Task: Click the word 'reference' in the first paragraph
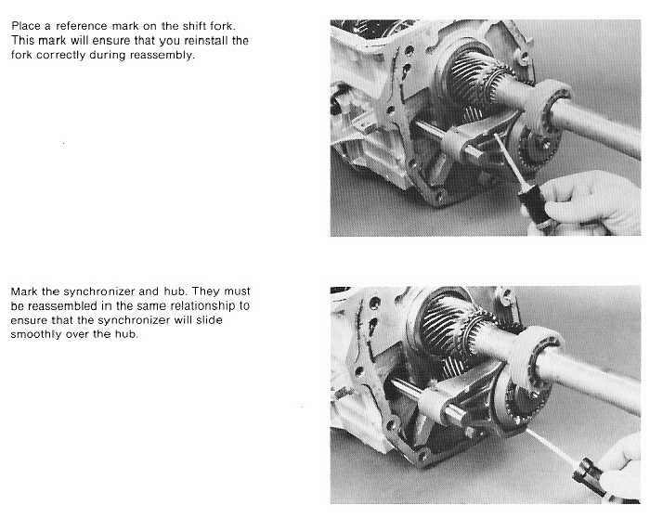82,26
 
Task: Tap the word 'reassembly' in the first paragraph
162,55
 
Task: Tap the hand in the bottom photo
619,468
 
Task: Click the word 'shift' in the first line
194,26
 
